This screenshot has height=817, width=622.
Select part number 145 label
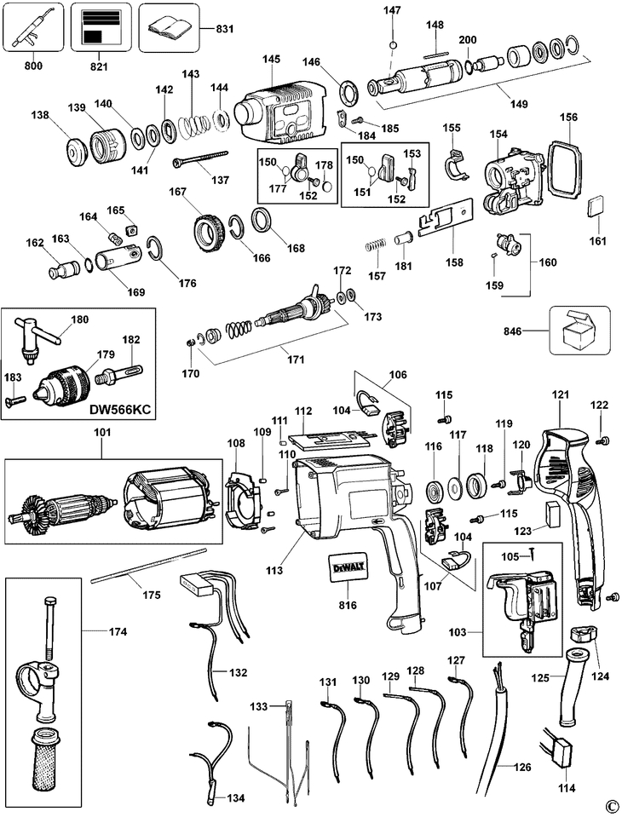[x=271, y=59]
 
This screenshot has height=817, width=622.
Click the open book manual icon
[x=170, y=27]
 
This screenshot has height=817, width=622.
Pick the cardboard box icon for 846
[x=579, y=331]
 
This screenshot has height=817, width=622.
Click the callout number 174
[x=118, y=632]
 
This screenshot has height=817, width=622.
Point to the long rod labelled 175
[x=148, y=566]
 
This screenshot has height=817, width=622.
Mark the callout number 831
[x=225, y=29]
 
